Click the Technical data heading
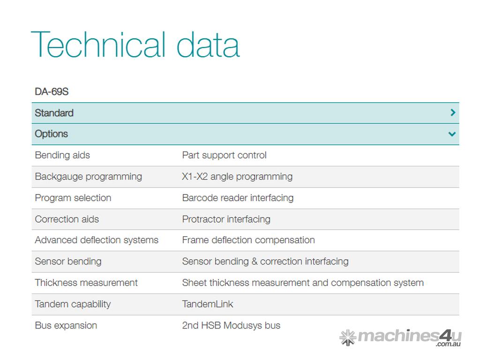click(135, 45)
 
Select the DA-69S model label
click(52, 91)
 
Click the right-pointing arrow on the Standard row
click(453, 112)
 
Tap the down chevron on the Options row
click(452, 134)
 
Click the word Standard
click(54, 113)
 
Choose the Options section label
click(52, 134)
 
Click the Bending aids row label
click(62, 155)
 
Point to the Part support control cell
click(225, 155)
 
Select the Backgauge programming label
click(89, 177)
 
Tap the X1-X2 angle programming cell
click(237, 177)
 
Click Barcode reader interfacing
click(238, 198)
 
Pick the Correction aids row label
click(67, 219)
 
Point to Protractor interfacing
click(226, 219)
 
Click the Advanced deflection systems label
click(97, 240)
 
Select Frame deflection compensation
click(248, 240)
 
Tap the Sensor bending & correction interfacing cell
click(265, 262)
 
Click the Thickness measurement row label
click(86, 283)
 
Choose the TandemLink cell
click(208, 304)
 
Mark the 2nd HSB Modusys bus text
click(231, 325)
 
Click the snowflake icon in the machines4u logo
click(348, 337)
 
